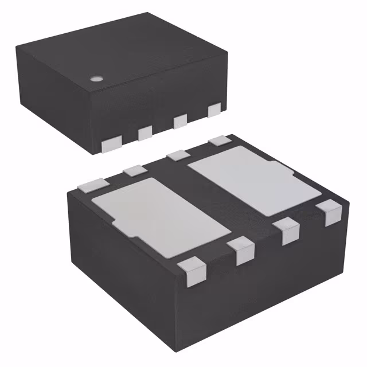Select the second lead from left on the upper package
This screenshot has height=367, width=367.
(145, 132)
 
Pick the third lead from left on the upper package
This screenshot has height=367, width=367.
(181, 120)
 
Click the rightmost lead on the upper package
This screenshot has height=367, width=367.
(214, 108)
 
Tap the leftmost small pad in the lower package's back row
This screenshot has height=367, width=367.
(92, 185)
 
